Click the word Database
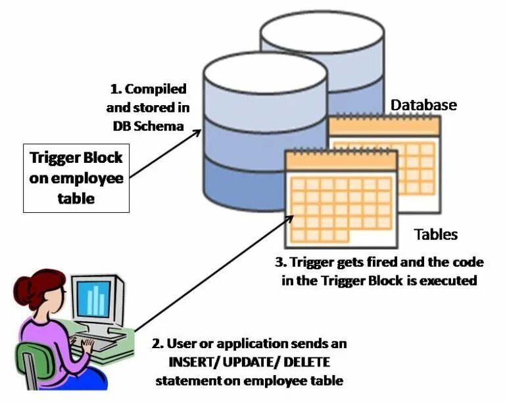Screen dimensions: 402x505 423,105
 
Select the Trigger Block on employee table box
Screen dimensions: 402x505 76,178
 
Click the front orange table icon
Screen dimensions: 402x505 341,197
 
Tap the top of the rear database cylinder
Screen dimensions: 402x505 322,30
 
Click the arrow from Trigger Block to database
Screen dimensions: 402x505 164,154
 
